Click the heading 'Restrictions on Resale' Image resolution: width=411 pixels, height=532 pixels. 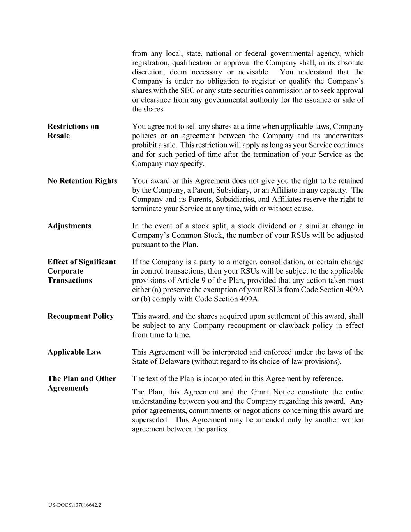[73, 131]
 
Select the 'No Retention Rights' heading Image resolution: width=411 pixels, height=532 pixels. [82, 181]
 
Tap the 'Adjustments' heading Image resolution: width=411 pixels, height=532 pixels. [69, 226]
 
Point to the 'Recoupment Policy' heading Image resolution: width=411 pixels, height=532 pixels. [81, 316]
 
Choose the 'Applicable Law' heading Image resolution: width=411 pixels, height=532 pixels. [74, 352]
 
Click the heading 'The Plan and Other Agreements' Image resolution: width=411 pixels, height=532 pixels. [82, 383]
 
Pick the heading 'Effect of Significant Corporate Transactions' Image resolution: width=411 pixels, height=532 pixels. [82, 271]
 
